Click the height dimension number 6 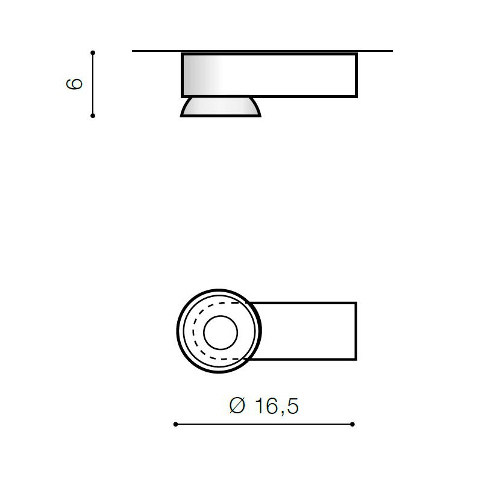point(75,84)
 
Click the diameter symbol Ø point(237,405)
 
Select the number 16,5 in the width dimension point(277,406)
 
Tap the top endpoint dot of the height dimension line point(93,52)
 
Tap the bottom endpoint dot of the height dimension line point(93,116)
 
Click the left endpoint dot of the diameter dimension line point(175,424)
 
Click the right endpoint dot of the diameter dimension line point(352,424)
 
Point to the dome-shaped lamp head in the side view point(221,107)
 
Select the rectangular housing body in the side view point(269,75)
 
